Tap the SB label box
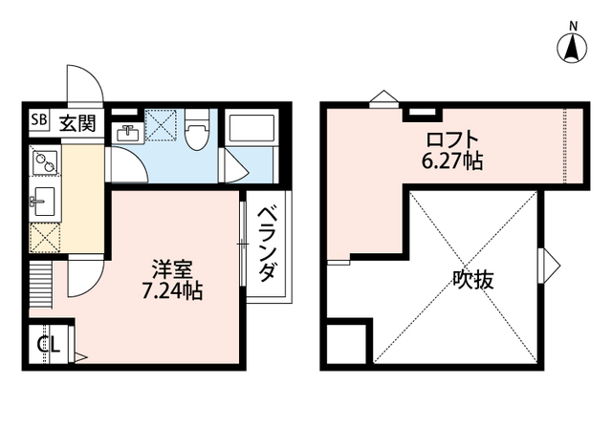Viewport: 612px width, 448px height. click(x=38, y=120)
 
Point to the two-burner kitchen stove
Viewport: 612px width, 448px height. click(x=44, y=163)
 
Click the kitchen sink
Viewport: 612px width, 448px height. click(x=44, y=203)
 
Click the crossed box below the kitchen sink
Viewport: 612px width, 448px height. click(x=44, y=237)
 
